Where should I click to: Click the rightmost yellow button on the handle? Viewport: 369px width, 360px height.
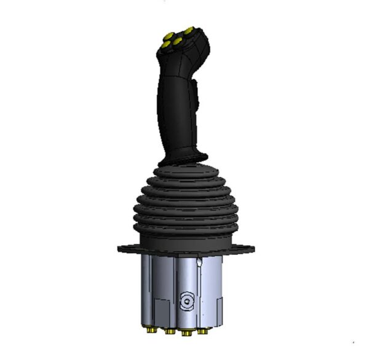pyautogui.click(x=188, y=30)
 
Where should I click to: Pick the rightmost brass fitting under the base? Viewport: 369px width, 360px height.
pyautogui.click(x=202, y=331)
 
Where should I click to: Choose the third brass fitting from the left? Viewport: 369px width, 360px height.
pyautogui.click(x=185, y=332)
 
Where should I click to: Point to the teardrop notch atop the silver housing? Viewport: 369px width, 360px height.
pyautogui.click(x=200, y=263)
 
